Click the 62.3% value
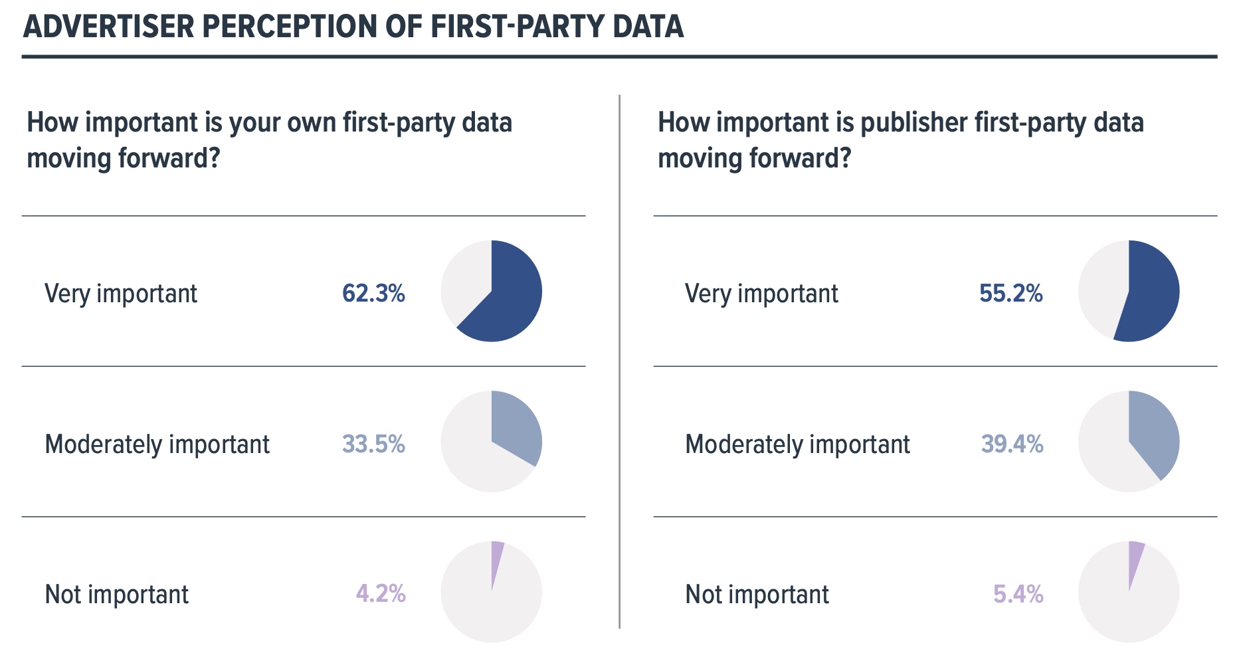373,293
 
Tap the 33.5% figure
373,444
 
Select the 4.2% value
381,593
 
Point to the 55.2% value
1010,293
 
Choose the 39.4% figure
1012,444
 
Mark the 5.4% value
1018,593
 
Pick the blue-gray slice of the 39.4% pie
1153,435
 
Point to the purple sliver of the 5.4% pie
1134,558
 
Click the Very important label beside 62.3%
121,294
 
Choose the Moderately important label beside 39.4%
797,444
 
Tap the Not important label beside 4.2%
116,594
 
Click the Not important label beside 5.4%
757,594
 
